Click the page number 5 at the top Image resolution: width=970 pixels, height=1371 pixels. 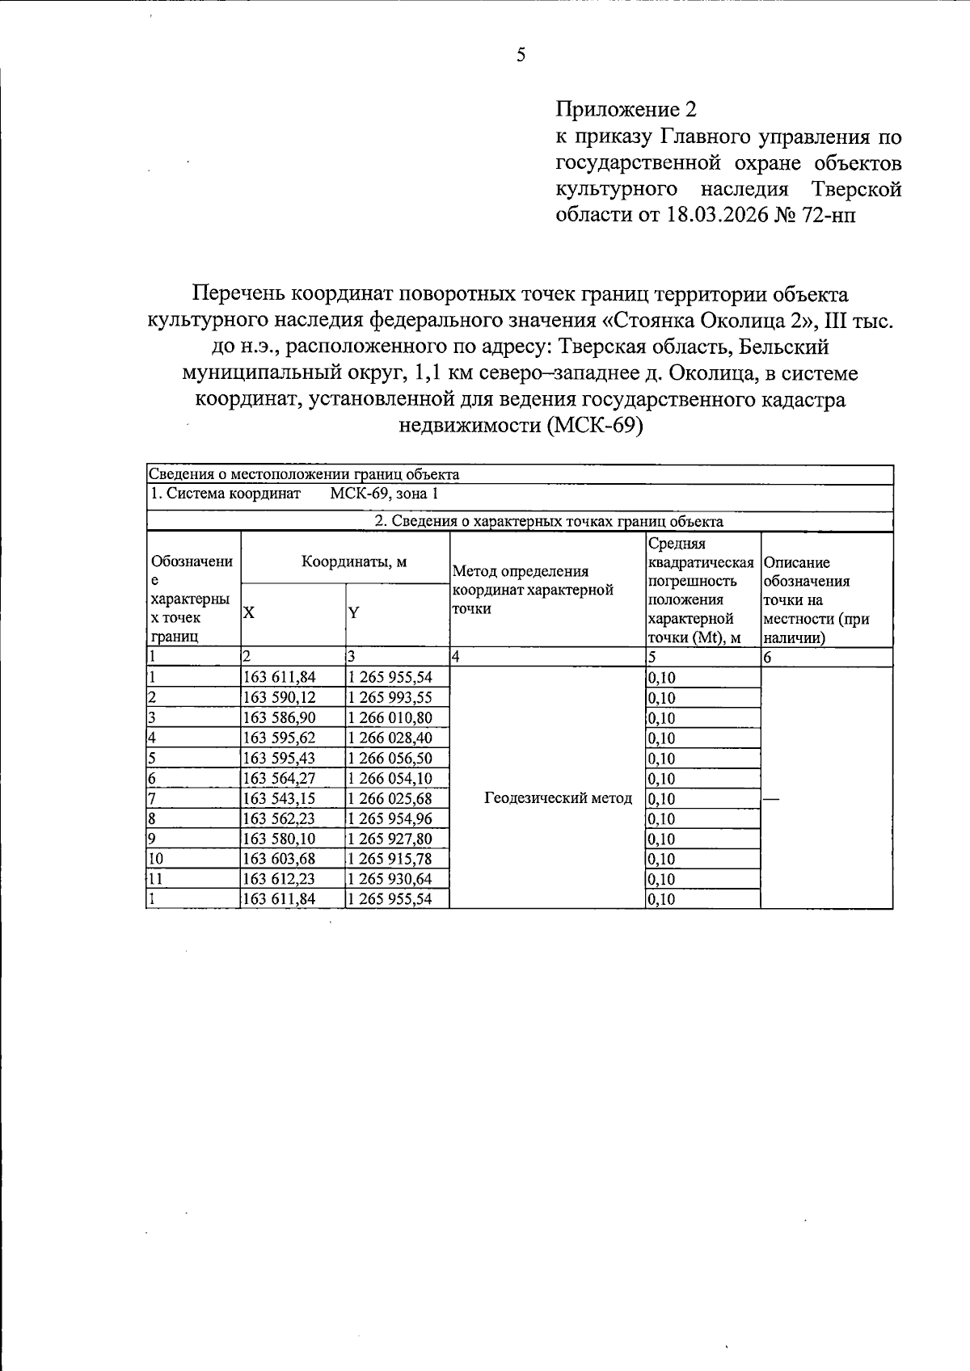tap(521, 56)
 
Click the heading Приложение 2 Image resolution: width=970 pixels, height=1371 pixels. tap(626, 110)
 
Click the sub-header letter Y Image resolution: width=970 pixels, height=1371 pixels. tap(353, 612)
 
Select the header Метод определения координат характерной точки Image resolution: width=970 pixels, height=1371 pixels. tap(533, 591)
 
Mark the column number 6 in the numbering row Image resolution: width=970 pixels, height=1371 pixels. tap(768, 658)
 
